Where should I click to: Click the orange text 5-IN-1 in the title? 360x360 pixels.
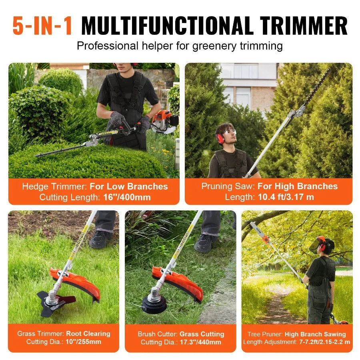coord(42,26)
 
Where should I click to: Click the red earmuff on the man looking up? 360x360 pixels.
coord(220,138)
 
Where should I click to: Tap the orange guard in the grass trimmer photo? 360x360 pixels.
coord(78,282)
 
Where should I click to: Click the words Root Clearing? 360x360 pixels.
coord(88,334)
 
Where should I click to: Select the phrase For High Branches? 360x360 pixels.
coord(297,186)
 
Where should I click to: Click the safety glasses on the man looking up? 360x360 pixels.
coord(229,132)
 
